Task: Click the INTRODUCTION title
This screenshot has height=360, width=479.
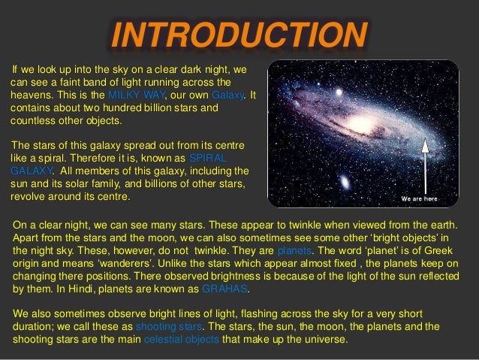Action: point(239,34)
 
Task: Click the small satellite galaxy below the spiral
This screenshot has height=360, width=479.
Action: point(345,183)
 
